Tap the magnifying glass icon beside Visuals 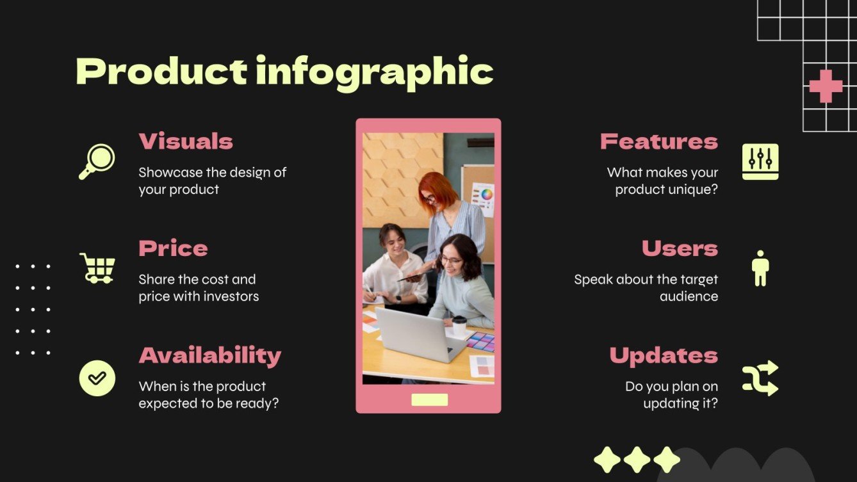pos(97,161)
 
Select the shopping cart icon pos(97,268)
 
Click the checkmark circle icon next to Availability pos(97,378)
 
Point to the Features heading pos(658,141)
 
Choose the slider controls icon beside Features pos(760,161)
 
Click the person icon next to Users pos(760,268)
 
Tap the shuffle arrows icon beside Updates pos(760,378)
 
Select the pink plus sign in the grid pos(826,86)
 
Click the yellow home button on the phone pos(429,400)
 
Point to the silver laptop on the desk pos(420,333)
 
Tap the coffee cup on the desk pos(459,326)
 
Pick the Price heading pos(173,248)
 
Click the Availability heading pos(209,355)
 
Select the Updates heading pos(664,355)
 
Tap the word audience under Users pos(689,296)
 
